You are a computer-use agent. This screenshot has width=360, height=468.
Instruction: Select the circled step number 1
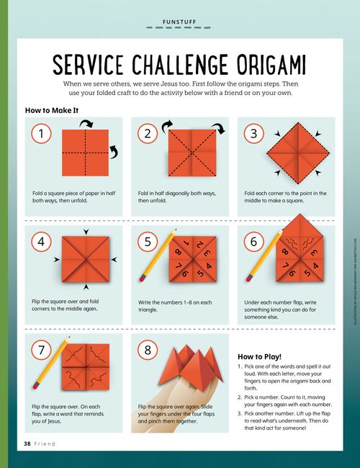pos(42,134)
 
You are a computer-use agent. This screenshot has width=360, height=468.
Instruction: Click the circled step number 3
pos(253,134)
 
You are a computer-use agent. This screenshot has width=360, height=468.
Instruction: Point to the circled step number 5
pos(148,242)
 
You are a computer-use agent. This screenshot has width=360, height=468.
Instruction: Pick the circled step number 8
pos(148,351)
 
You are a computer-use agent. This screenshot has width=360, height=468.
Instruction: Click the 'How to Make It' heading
pos(51,111)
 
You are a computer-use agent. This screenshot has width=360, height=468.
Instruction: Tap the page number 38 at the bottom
pos(27,444)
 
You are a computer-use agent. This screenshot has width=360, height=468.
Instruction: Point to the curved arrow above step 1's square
pos(87,125)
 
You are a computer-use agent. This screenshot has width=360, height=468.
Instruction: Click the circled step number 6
pos(253,242)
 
